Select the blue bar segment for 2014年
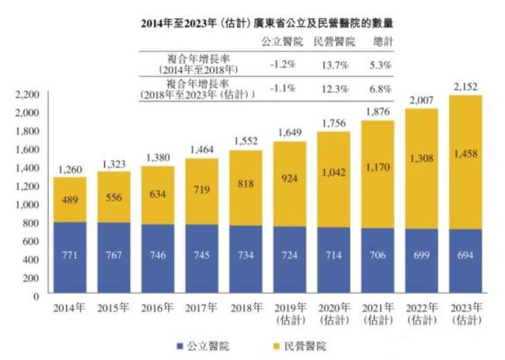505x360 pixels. (70, 257)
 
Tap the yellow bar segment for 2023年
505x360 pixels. (465, 162)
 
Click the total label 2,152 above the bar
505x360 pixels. (465, 87)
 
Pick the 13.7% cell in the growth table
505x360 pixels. (334, 65)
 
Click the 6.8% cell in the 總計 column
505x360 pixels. (381, 89)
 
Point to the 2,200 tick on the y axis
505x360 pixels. (28, 95)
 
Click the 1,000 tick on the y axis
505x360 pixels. (28, 205)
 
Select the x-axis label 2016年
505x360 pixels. (157, 308)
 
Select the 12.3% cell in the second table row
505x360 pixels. (334, 89)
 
